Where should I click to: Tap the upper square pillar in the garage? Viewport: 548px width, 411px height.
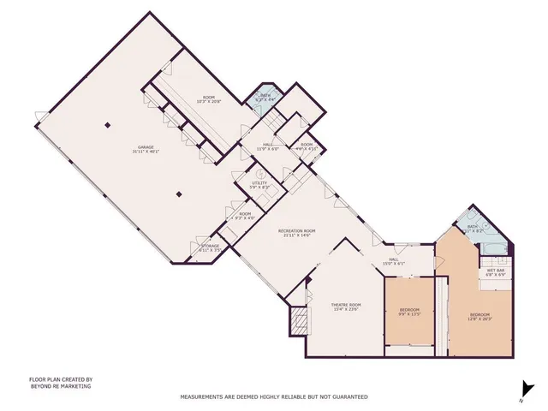[107, 126]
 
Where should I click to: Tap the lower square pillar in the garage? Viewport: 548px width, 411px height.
[179, 194]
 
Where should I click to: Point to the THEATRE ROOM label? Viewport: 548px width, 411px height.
[346, 305]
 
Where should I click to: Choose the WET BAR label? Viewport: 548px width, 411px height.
[495, 271]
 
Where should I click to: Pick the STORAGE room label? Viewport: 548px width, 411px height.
[210, 246]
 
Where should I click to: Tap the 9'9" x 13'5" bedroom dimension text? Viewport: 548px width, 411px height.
[410, 314]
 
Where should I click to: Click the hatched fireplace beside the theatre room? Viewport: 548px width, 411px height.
[298, 323]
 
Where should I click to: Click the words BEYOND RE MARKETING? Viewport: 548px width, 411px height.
[61, 386]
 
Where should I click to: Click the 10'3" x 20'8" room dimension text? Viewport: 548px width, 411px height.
[209, 102]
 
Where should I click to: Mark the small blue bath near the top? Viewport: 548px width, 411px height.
[265, 97]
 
